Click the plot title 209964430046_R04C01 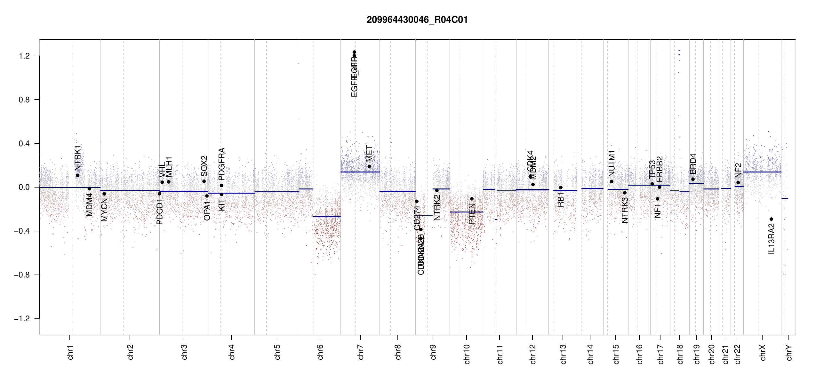click(417, 20)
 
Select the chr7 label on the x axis click(361, 352)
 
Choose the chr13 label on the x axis click(563, 354)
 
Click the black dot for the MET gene click(369, 166)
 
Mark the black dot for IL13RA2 click(771, 219)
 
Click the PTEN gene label click(472, 213)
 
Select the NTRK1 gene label click(78, 158)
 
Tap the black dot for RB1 click(561, 188)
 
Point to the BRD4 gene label click(693, 164)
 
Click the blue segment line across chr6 click(327, 217)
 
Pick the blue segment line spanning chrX click(762, 172)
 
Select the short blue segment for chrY click(785, 199)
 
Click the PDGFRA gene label click(221, 164)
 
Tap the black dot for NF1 click(658, 199)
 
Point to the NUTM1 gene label click(612, 163)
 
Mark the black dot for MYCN click(104, 194)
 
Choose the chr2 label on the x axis click(130, 352)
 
